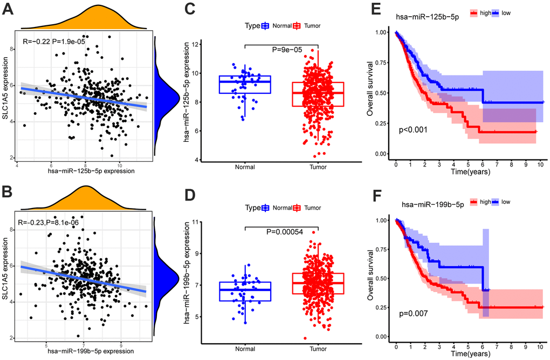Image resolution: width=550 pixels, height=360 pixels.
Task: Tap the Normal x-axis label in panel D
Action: pyautogui.click(x=244, y=349)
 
